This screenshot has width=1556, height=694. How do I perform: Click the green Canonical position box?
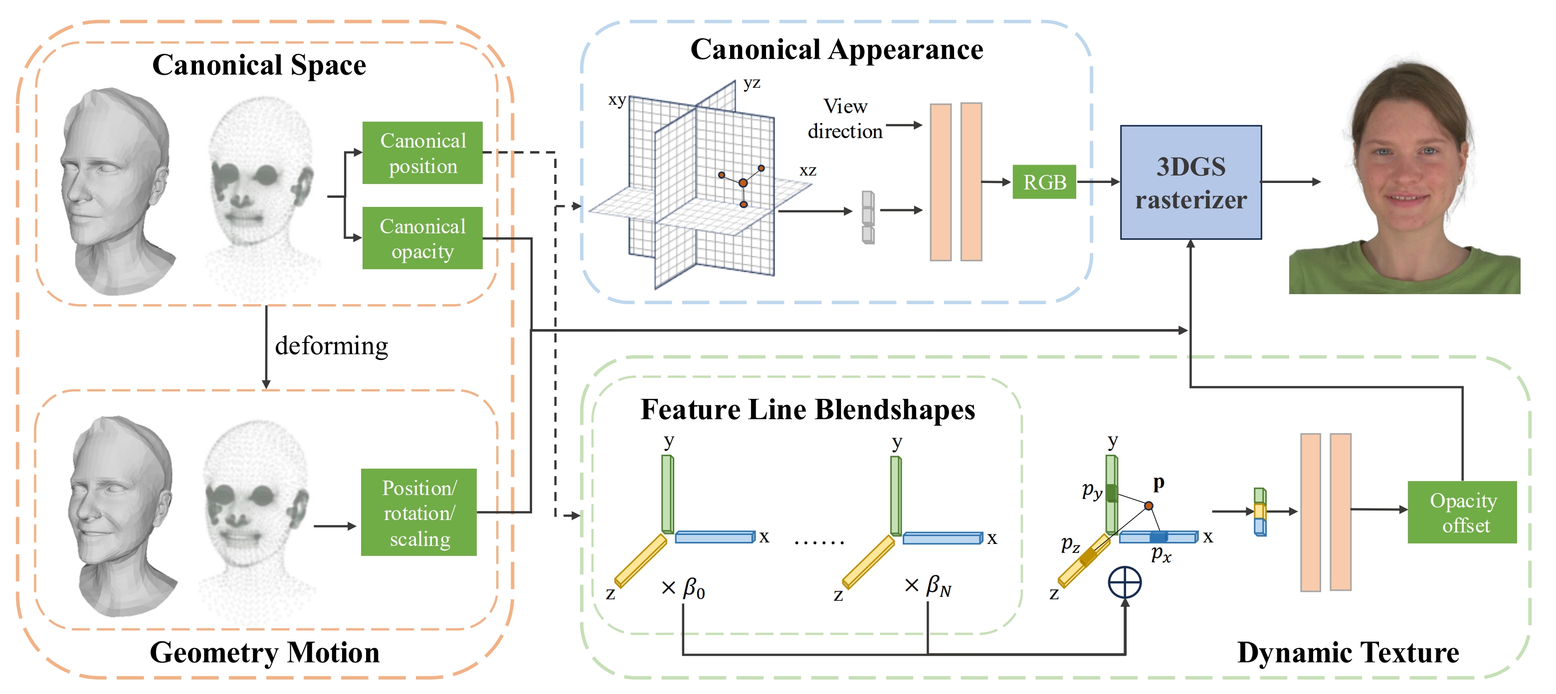click(x=422, y=153)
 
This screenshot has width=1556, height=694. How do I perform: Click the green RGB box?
click(x=1044, y=182)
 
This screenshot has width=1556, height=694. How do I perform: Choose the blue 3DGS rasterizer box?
click(x=1190, y=182)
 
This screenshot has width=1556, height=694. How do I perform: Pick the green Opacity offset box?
click(x=1462, y=512)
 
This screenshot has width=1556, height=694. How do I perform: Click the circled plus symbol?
click(x=1124, y=583)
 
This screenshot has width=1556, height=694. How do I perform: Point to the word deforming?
click(x=331, y=346)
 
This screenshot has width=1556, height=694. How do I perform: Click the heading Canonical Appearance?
click(x=836, y=49)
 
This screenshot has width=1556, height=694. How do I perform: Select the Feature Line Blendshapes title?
click(x=807, y=409)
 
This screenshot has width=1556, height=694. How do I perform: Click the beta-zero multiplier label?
click(x=684, y=588)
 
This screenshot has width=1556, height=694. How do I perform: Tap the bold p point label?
click(x=1158, y=483)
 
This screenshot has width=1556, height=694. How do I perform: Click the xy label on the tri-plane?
click(x=617, y=100)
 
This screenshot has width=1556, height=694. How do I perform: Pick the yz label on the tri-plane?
click(x=752, y=83)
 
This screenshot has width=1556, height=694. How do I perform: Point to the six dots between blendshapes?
click(x=818, y=542)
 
